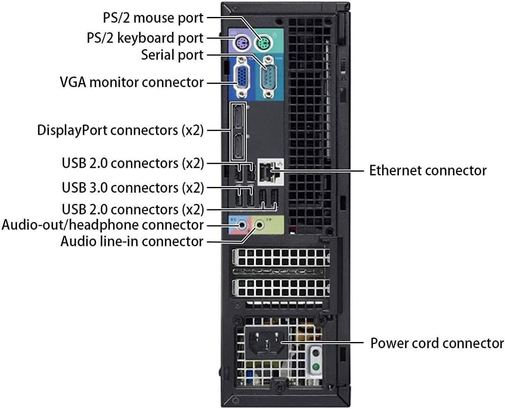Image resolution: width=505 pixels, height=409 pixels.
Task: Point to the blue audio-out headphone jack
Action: [241, 225]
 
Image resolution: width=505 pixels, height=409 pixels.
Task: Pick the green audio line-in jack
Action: [260, 225]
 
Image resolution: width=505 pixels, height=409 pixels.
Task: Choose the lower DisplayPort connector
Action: [238, 147]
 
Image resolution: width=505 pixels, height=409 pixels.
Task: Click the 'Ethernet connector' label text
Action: [428, 170]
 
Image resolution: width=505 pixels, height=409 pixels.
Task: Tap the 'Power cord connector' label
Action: [437, 343]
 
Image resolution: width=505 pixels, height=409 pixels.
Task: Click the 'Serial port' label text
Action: [172, 55]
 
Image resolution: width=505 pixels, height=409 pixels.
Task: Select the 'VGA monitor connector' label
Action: [132, 82]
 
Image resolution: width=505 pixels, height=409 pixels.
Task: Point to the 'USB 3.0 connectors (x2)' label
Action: [133, 188]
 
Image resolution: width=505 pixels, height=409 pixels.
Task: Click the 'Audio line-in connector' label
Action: [132, 241]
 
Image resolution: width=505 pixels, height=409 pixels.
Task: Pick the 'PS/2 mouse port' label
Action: [153, 18]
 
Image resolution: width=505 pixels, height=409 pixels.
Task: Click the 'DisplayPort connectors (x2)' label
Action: [120, 130]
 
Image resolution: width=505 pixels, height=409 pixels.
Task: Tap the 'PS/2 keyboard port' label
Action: [145, 38]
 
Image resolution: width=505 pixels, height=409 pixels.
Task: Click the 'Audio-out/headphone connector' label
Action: [103, 225]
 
